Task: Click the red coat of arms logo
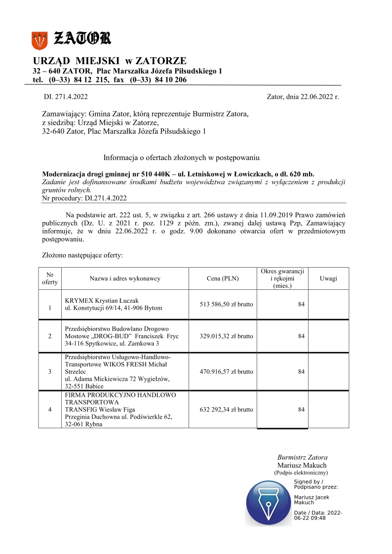coord(39,40)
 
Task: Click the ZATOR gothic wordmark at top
coord(82,38)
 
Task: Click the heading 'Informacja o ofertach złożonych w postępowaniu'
coord(181,158)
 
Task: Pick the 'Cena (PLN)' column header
coord(222,278)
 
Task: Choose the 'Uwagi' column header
coord(328,278)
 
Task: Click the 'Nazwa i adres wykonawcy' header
coord(125,278)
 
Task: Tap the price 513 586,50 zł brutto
coord(227,304)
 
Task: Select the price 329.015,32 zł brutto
coord(227,336)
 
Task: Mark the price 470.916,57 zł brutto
coord(227,372)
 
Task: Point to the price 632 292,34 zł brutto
coord(227,409)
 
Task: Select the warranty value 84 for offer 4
coord(301,409)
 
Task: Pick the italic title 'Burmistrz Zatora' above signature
coord(302,458)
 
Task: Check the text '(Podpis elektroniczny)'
coord(302,473)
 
